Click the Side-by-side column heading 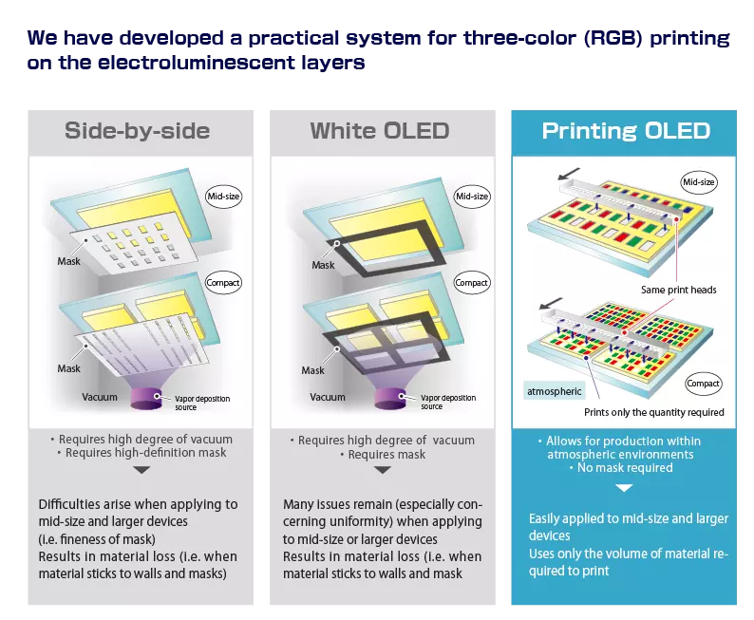click(x=137, y=131)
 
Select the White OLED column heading click(x=380, y=131)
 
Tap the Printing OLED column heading click(x=626, y=131)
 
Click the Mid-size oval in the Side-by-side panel click(x=223, y=197)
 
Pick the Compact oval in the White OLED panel click(x=472, y=283)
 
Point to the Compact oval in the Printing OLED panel click(x=703, y=383)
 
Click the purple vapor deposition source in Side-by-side click(x=146, y=399)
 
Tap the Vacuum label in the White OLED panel click(x=328, y=397)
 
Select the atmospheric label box click(x=554, y=391)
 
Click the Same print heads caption click(x=678, y=290)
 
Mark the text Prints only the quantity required click(x=654, y=412)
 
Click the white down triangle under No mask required click(x=624, y=488)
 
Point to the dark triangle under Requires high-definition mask click(x=141, y=470)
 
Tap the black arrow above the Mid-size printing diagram click(x=569, y=174)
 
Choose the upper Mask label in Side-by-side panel click(x=68, y=261)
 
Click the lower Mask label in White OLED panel click(x=313, y=370)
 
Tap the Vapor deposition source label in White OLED click(x=448, y=402)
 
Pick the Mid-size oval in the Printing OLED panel click(x=699, y=182)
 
